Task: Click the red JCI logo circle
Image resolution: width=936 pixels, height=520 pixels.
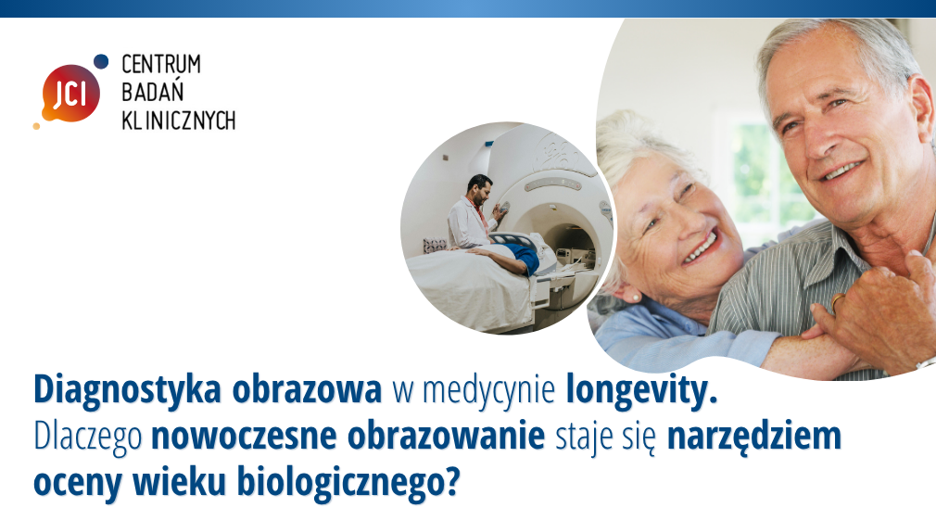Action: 70,93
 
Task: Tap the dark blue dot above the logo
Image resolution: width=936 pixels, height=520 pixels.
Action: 101,61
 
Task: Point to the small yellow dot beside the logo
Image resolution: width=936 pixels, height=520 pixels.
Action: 36,126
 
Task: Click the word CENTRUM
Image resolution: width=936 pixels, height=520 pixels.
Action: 161,64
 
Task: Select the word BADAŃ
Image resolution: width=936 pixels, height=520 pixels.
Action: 145,92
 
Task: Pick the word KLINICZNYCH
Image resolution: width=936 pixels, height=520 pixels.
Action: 179,120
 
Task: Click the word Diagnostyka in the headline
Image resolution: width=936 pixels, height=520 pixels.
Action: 127,391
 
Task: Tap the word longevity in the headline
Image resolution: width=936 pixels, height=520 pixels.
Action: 641,391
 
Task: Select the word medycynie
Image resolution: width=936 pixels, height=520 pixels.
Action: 489,391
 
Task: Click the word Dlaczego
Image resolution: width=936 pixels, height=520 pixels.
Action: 88,438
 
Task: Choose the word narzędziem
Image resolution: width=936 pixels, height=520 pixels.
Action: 754,438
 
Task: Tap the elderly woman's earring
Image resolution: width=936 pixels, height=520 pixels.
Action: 636,297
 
